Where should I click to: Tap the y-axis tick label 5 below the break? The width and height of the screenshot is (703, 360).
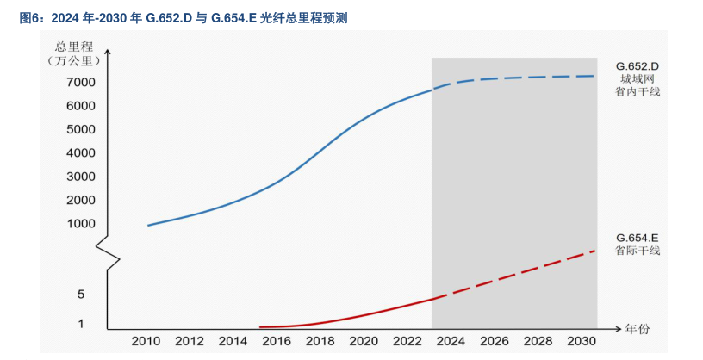pyautogui.click(x=81, y=295)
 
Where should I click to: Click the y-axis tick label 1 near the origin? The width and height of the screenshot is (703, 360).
pyautogui.click(x=81, y=324)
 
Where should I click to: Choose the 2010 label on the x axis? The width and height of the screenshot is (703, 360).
pyautogui.click(x=146, y=341)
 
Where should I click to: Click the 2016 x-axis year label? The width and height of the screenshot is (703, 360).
pyautogui.click(x=277, y=341)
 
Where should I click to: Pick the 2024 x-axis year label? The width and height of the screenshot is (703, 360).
pyautogui.click(x=451, y=341)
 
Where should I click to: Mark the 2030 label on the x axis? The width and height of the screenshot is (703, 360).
pyautogui.click(x=582, y=341)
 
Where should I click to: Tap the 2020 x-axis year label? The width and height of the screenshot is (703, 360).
pyautogui.click(x=364, y=341)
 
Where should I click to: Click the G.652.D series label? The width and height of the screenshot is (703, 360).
pyautogui.click(x=638, y=65)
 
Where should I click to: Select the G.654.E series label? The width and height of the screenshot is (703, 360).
pyautogui.click(x=638, y=237)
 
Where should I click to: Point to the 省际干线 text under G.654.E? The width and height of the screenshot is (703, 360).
pyautogui.click(x=638, y=251)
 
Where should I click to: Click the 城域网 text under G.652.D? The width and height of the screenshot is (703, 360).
pyautogui.click(x=638, y=78)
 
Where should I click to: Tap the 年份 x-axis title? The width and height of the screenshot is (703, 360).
pyautogui.click(x=638, y=329)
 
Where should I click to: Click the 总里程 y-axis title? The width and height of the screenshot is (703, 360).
pyautogui.click(x=72, y=46)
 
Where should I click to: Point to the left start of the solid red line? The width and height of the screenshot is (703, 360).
pyautogui.click(x=261, y=327)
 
